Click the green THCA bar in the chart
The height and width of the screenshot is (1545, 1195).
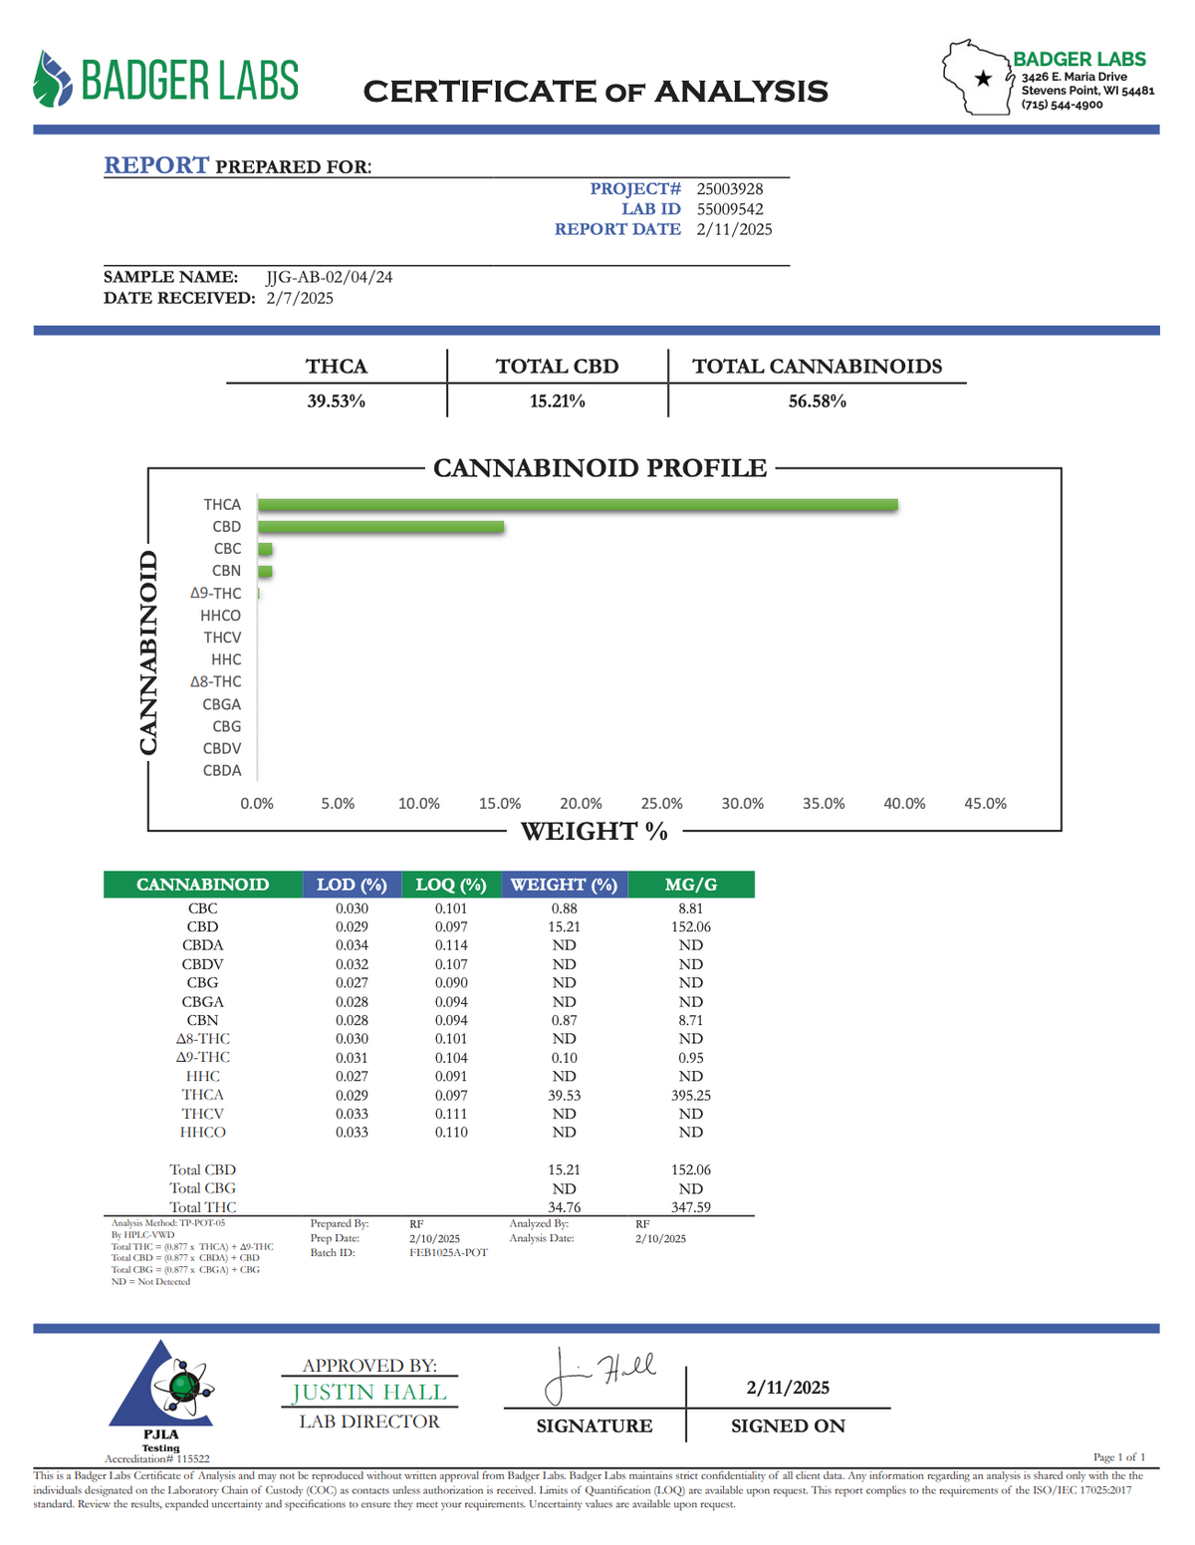click(578, 505)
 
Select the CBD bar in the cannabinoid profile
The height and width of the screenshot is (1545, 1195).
click(380, 527)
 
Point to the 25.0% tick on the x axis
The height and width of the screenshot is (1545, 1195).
click(661, 804)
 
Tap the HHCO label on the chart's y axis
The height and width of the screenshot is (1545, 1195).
click(220, 616)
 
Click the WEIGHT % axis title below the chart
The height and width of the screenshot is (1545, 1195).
click(594, 831)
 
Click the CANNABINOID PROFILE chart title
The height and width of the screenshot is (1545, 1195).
click(599, 468)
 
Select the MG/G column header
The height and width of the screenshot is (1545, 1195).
click(690, 885)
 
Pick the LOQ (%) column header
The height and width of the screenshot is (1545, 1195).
click(450, 885)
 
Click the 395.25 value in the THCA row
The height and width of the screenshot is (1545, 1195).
click(690, 1095)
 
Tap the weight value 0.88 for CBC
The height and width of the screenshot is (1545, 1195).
click(564, 908)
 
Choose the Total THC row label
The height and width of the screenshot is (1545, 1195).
click(202, 1207)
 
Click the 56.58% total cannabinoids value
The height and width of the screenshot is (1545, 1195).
click(817, 401)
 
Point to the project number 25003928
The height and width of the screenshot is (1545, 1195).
click(730, 188)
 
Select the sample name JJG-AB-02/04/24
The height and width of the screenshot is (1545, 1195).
click(330, 277)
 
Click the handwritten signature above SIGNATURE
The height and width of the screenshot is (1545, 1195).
click(597, 1376)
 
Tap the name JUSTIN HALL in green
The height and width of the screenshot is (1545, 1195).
click(369, 1393)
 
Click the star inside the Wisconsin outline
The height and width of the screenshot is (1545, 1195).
click(984, 79)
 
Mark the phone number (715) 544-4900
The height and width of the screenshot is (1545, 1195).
click(1062, 105)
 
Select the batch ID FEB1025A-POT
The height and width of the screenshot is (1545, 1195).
click(448, 1252)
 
